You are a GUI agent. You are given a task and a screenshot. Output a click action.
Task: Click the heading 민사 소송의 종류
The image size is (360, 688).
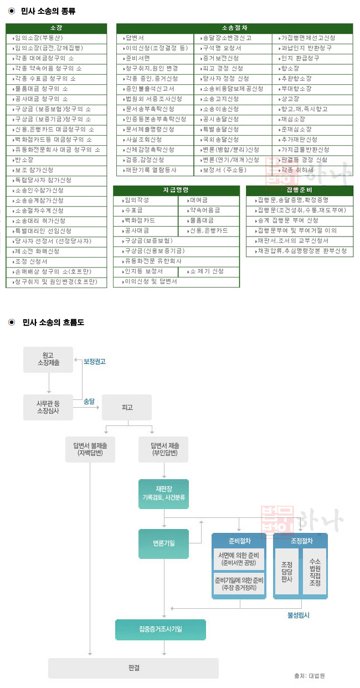(49, 11)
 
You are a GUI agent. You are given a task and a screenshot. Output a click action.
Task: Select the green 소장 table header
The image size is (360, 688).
(56, 28)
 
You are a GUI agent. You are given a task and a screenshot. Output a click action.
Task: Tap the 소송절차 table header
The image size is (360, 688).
(234, 28)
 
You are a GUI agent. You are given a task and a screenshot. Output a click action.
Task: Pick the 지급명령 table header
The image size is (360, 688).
(176, 189)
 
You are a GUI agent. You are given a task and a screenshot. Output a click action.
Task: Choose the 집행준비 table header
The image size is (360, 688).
(299, 189)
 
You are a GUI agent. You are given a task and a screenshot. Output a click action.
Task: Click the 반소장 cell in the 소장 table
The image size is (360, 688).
(56, 160)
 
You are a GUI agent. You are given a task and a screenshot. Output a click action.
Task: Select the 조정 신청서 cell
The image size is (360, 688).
(56, 261)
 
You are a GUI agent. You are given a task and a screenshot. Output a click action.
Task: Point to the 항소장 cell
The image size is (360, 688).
(313, 68)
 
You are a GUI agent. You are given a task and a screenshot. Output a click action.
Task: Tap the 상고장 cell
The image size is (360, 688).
(313, 99)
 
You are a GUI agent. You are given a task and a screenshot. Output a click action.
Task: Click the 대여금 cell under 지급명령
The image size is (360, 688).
(209, 200)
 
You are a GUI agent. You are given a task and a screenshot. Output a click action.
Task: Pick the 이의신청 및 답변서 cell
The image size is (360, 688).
(176, 281)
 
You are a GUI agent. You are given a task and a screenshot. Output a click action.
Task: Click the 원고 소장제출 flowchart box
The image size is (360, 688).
(48, 359)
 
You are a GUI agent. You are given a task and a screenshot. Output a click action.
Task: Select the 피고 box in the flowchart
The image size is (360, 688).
(127, 407)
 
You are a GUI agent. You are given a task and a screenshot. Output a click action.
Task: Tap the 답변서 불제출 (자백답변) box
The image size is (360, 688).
(90, 449)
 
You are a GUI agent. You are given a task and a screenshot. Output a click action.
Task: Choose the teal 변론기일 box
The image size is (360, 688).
(163, 543)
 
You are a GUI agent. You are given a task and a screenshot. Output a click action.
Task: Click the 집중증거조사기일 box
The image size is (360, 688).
(161, 629)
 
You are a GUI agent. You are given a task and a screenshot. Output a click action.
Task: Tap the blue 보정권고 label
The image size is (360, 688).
(95, 361)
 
